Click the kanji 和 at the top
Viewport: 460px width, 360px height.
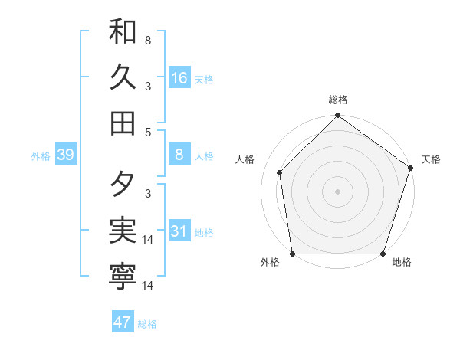123,33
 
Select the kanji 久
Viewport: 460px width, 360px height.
123,77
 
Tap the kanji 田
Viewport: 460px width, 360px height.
123,122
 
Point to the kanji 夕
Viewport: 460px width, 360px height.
123,184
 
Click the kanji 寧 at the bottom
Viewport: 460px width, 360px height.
123,277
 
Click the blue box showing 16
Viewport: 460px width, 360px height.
179,78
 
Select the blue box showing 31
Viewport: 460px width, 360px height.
179,232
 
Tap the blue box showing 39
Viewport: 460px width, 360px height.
66,155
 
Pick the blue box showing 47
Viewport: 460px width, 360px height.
123,322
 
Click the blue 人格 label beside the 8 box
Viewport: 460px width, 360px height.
204,156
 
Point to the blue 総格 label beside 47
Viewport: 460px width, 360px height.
147,324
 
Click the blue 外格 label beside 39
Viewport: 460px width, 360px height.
41,156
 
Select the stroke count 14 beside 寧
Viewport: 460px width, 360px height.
149,286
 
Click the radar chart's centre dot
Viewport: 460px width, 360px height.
337,191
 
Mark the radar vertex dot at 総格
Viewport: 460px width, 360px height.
337,116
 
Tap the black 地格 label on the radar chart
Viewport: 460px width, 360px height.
402,263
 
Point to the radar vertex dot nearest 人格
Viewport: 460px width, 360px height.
280,173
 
